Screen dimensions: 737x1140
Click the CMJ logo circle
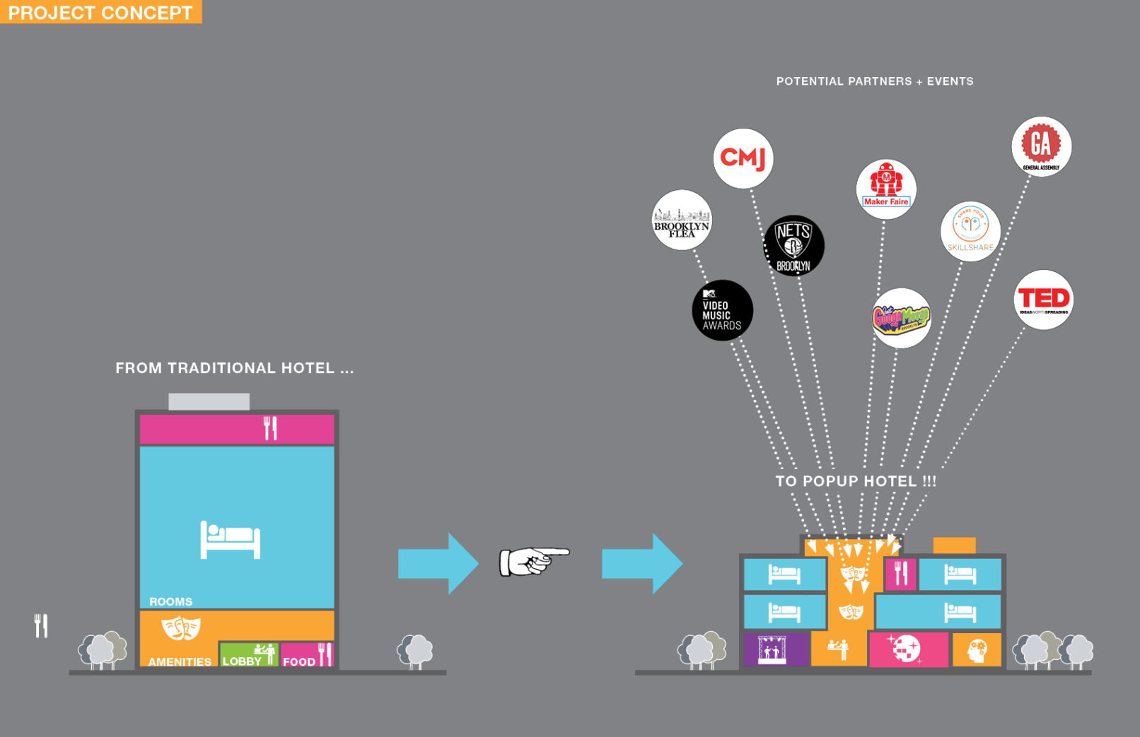[x=743, y=158]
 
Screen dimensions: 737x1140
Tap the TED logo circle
[x=1043, y=300]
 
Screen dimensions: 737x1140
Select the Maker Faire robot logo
[x=886, y=189]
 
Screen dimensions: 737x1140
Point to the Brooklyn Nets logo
[x=793, y=245]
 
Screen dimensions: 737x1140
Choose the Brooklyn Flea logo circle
[x=681, y=220]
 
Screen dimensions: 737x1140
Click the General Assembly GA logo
[x=1041, y=146]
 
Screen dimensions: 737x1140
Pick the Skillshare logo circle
[x=970, y=231]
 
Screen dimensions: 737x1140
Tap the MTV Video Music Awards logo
[x=722, y=310]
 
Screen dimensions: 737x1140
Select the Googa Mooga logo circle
[x=901, y=318]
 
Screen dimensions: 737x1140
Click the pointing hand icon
[x=534, y=562]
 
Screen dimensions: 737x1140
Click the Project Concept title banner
[x=100, y=12]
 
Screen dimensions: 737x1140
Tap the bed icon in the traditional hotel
[x=231, y=540]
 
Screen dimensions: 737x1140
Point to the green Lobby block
[x=248, y=654]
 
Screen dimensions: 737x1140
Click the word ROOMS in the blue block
[x=170, y=602]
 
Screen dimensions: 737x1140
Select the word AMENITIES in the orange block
[x=180, y=662]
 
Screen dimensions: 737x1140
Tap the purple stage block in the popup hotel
[x=775, y=649]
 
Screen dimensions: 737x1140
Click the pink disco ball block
[x=908, y=649]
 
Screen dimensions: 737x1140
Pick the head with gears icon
[x=977, y=649]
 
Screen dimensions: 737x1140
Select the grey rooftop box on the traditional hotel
[x=209, y=401]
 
